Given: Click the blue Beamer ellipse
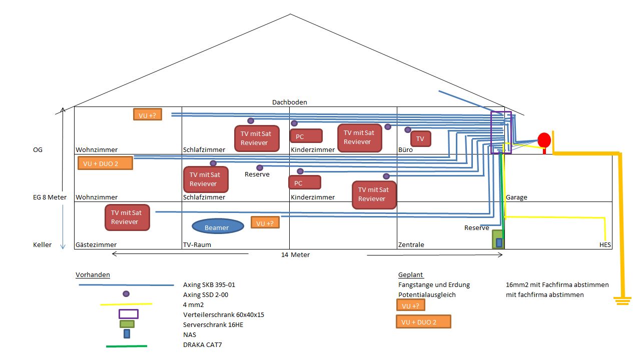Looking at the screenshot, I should (x=216, y=227).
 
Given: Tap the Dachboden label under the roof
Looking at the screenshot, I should (x=289, y=102).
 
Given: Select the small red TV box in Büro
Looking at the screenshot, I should (x=420, y=138).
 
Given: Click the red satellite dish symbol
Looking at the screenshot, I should (x=544, y=140).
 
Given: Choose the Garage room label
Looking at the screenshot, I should (x=516, y=197).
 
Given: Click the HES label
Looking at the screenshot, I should (x=605, y=245).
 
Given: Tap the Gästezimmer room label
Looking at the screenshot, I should (x=96, y=245).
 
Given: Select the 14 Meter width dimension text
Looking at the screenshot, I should (x=295, y=255).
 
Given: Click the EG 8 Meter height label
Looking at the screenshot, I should (x=50, y=197).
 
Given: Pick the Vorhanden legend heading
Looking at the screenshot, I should (x=93, y=275).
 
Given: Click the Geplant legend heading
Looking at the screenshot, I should (x=411, y=275).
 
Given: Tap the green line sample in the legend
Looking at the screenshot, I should (x=126, y=345).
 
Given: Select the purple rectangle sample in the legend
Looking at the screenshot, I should (x=128, y=314).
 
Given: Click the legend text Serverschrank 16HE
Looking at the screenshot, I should (x=213, y=324).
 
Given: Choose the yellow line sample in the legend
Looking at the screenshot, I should (x=126, y=304).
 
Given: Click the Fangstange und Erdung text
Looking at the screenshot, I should (x=434, y=285).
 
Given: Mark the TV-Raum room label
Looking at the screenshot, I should (x=197, y=245).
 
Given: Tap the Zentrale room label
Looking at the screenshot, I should (x=411, y=245).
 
